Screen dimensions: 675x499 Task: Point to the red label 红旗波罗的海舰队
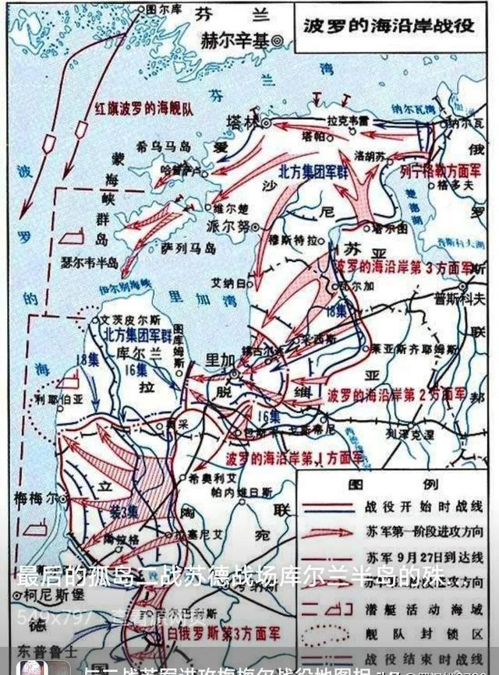pyautogui.click(x=136, y=108)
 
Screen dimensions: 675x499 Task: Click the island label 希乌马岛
pyautogui.click(x=162, y=146)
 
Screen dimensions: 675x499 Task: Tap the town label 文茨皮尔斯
pyautogui.click(x=130, y=320)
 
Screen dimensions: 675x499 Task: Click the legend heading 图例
pyautogui.click(x=366, y=484)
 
